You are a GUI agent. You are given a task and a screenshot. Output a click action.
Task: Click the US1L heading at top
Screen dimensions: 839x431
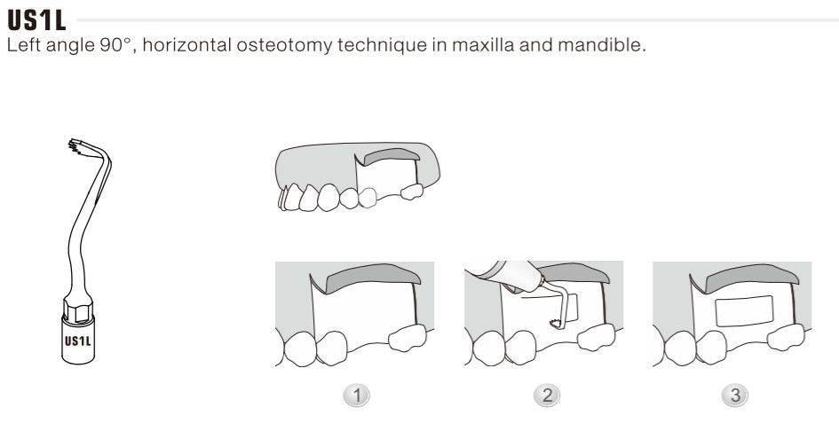[x=36, y=20]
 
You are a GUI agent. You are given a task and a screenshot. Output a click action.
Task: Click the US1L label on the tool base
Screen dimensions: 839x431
[x=77, y=341]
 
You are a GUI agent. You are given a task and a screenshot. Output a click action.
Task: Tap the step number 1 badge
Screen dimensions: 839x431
[x=356, y=396]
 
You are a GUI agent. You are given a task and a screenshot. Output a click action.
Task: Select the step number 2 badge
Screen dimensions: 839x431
[x=546, y=396]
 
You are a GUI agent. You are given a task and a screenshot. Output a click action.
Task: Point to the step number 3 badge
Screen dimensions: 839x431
[x=735, y=396]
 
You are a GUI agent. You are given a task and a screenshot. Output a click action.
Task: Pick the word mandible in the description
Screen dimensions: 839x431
[x=601, y=44]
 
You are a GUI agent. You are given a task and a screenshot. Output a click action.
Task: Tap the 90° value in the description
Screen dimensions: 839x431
[x=115, y=44]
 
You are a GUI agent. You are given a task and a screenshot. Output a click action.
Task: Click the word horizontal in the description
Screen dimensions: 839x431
[x=186, y=44]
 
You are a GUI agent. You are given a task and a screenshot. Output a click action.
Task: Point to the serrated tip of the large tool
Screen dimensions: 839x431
[x=75, y=146]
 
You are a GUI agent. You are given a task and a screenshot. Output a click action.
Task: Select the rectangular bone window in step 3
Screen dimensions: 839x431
[x=745, y=310]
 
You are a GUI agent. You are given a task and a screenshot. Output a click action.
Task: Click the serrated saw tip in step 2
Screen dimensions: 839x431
[x=556, y=323]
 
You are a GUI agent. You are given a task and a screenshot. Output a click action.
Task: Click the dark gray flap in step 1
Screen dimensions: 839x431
[x=373, y=277]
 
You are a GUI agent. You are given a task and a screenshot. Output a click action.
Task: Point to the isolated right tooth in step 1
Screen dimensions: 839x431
[x=408, y=338]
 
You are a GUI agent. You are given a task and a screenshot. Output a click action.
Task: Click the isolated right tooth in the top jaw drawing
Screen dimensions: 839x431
[x=412, y=192]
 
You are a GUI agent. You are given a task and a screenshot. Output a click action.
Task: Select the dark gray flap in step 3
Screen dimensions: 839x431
[x=752, y=277]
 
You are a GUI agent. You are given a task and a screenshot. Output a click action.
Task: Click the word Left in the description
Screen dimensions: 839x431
[x=24, y=44]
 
